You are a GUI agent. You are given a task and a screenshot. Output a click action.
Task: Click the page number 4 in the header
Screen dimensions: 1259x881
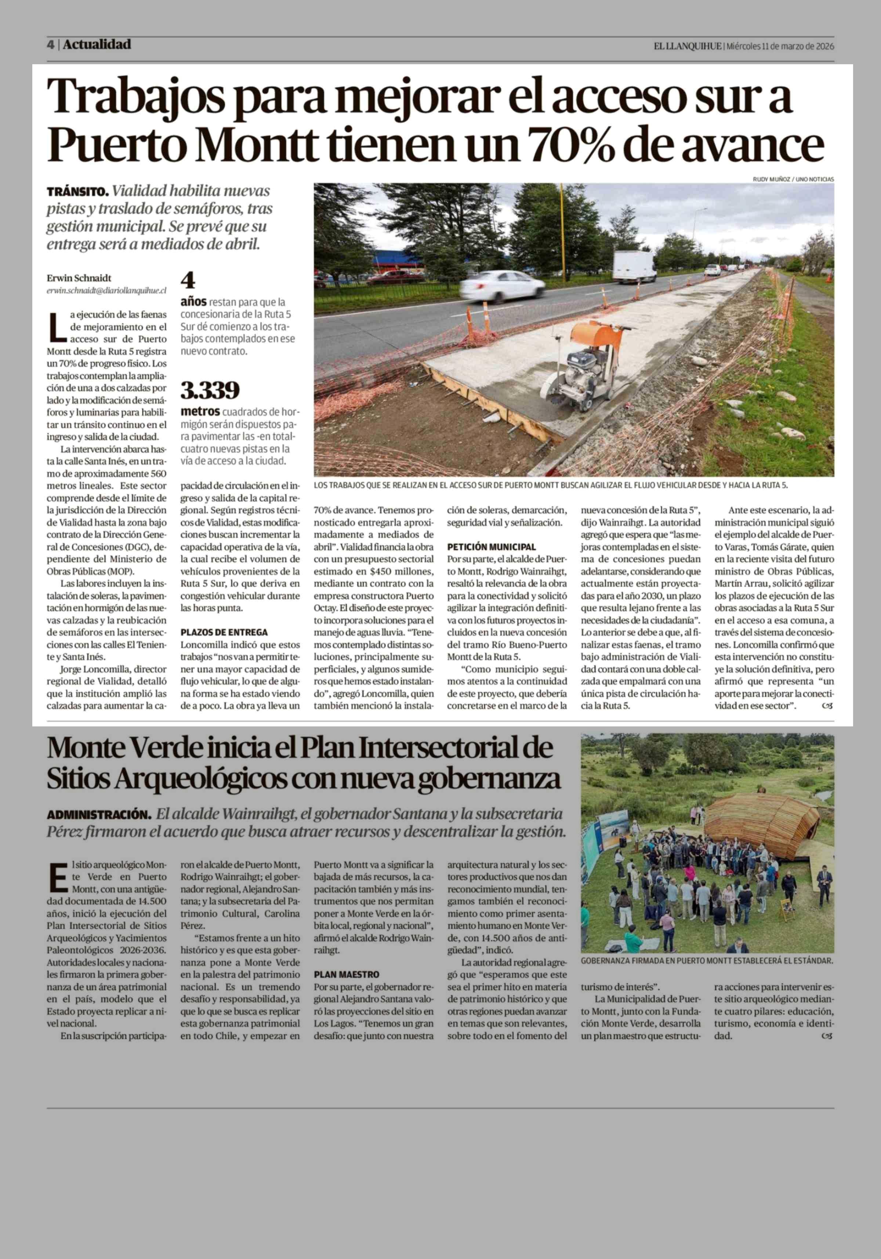(50, 45)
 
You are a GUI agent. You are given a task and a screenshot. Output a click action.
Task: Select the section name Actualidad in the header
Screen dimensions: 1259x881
(97, 44)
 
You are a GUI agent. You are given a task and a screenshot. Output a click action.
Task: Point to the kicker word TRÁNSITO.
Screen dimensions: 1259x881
(78, 192)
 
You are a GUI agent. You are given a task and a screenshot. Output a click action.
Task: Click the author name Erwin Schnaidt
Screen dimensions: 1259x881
(79, 278)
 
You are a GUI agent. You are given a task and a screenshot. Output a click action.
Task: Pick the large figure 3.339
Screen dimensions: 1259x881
(210, 390)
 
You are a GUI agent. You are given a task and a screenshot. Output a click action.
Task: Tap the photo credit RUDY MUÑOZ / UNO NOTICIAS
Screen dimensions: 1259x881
(793, 179)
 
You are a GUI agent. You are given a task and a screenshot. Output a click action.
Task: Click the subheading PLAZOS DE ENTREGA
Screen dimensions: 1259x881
(224, 632)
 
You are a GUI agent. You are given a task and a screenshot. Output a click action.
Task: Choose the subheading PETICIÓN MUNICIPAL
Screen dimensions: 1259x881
(491, 547)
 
